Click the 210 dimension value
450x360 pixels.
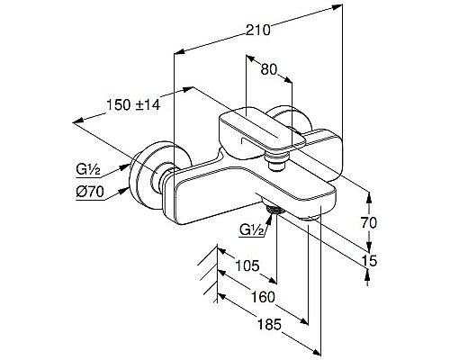pyautogui.click(x=258, y=31)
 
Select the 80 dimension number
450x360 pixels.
pyautogui.click(x=268, y=69)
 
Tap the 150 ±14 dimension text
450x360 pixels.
pyautogui.click(x=133, y=104)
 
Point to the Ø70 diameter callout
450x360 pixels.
pyautogui.click(x=90, y=192)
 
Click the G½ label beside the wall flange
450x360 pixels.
pyautogui.click(x=88, y=170)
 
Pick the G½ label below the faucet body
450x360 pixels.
pyautogui.click(x=252, y=230)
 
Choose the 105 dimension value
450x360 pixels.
pyautogui.click(x=247, y=265)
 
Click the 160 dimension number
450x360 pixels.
pyautogui.click(x=263, y=297)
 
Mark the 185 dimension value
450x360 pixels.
pyautogui.click(x=270, y=325)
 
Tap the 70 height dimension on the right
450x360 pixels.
pyautogui.click(x=369, y=223)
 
